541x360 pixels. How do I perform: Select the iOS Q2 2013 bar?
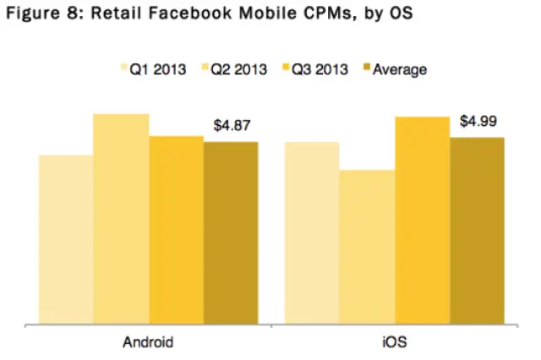click(x=367, y=247)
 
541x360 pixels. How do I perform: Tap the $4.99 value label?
click(x=478, y=122)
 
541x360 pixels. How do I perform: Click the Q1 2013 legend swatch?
click(x=122, y=68)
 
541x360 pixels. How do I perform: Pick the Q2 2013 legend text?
click(x=237, y=68)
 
